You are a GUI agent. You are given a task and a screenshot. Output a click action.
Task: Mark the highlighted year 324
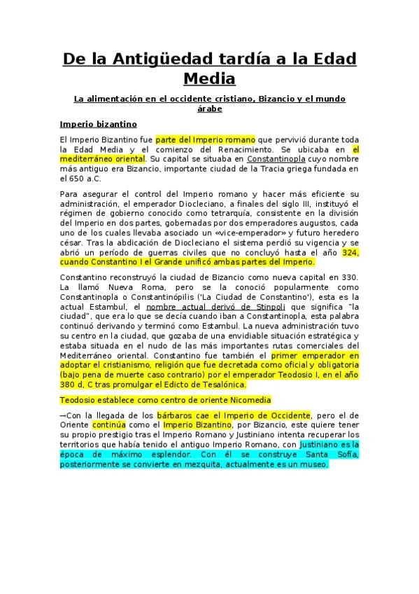point(350,251)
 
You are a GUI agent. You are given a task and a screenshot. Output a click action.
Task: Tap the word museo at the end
point(313,463)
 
